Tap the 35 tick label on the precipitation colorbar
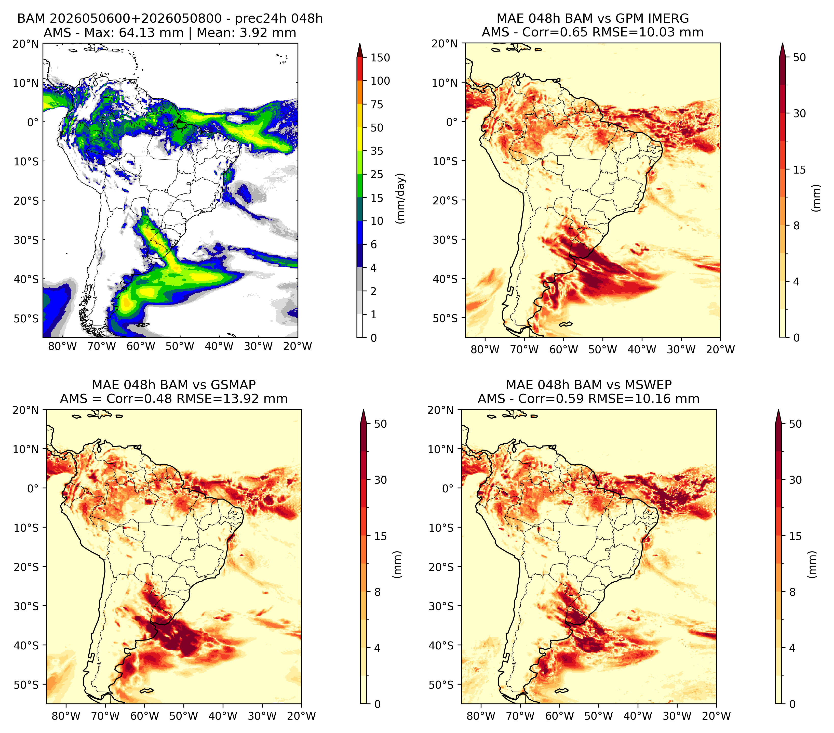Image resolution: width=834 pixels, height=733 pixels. (x=376, y=151)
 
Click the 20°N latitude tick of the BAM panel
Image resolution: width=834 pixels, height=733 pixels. (x=26, y=44)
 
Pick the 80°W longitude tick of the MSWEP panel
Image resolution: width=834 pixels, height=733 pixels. (x=481, y=716)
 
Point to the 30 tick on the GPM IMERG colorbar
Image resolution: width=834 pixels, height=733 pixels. (x=799, y=113)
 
